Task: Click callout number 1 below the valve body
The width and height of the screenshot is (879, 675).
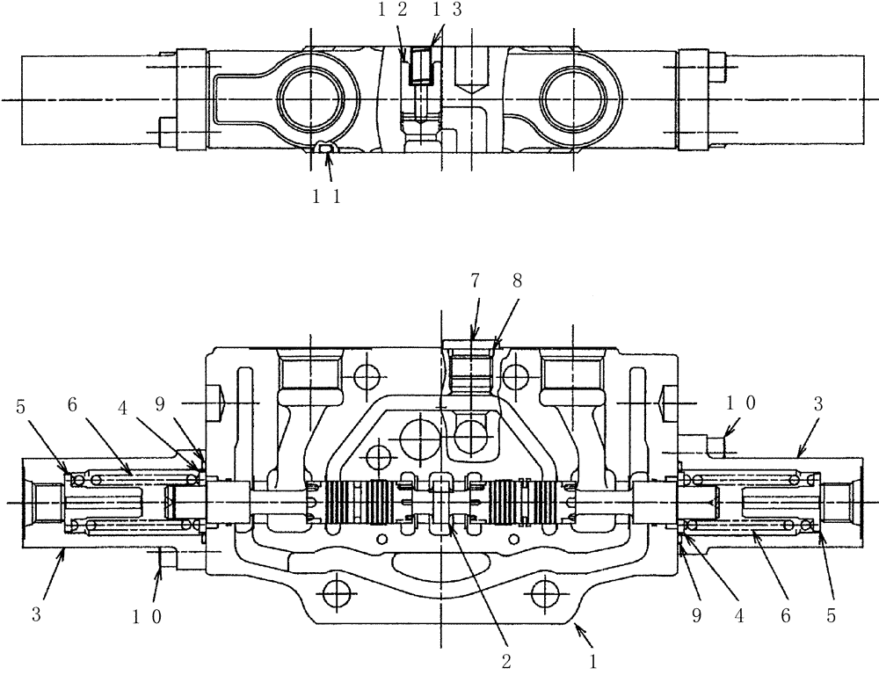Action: tap(594, 657)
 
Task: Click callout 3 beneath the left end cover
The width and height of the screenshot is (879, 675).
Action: tap(36, 615)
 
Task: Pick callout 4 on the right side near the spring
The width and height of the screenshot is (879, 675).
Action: tap(738, 615)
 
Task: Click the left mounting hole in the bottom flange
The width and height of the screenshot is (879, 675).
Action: tap(334, 593)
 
